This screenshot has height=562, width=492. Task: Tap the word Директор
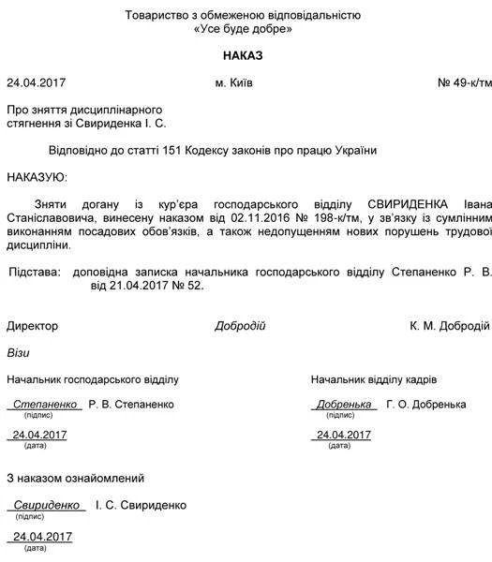(32, 326)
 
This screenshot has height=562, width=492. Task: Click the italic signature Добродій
(240, 326)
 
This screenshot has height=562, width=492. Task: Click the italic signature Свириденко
(47, 505)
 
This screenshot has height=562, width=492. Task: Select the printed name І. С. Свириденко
(141, 505)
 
